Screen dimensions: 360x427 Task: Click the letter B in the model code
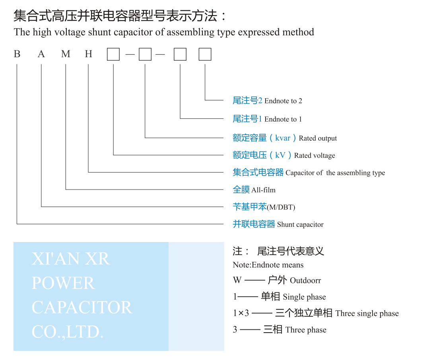coord(17,54)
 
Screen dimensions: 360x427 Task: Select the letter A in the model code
coord(41,54)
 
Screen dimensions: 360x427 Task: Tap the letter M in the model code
coord(66,54)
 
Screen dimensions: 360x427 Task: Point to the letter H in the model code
coord(88,54)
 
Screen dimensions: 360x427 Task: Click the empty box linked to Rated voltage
coord(113,54)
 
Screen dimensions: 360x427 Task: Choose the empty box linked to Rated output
coord(145,54)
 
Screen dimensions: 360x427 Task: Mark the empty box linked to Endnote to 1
coord(180,54)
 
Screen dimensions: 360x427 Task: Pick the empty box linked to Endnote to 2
coord(205,54)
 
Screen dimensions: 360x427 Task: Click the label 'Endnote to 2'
coord(283,101)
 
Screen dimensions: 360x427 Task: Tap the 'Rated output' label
coord(318,138)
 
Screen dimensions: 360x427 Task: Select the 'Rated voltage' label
coord(314,155)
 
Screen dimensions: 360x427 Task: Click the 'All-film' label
coord(263,190)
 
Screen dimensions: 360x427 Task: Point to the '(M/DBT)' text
coord(281,207)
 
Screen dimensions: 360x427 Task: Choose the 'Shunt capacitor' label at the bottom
coord(300,225)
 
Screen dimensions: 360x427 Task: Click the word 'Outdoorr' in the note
coord(305,281)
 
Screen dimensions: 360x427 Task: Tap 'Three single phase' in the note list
coord(367,314)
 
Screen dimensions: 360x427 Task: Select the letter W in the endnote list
coord(237,280)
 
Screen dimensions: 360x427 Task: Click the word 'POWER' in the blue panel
coord(63,283)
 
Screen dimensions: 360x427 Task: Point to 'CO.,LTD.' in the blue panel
coord(68,332)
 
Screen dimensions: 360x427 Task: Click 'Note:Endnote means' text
coord(268,265)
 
